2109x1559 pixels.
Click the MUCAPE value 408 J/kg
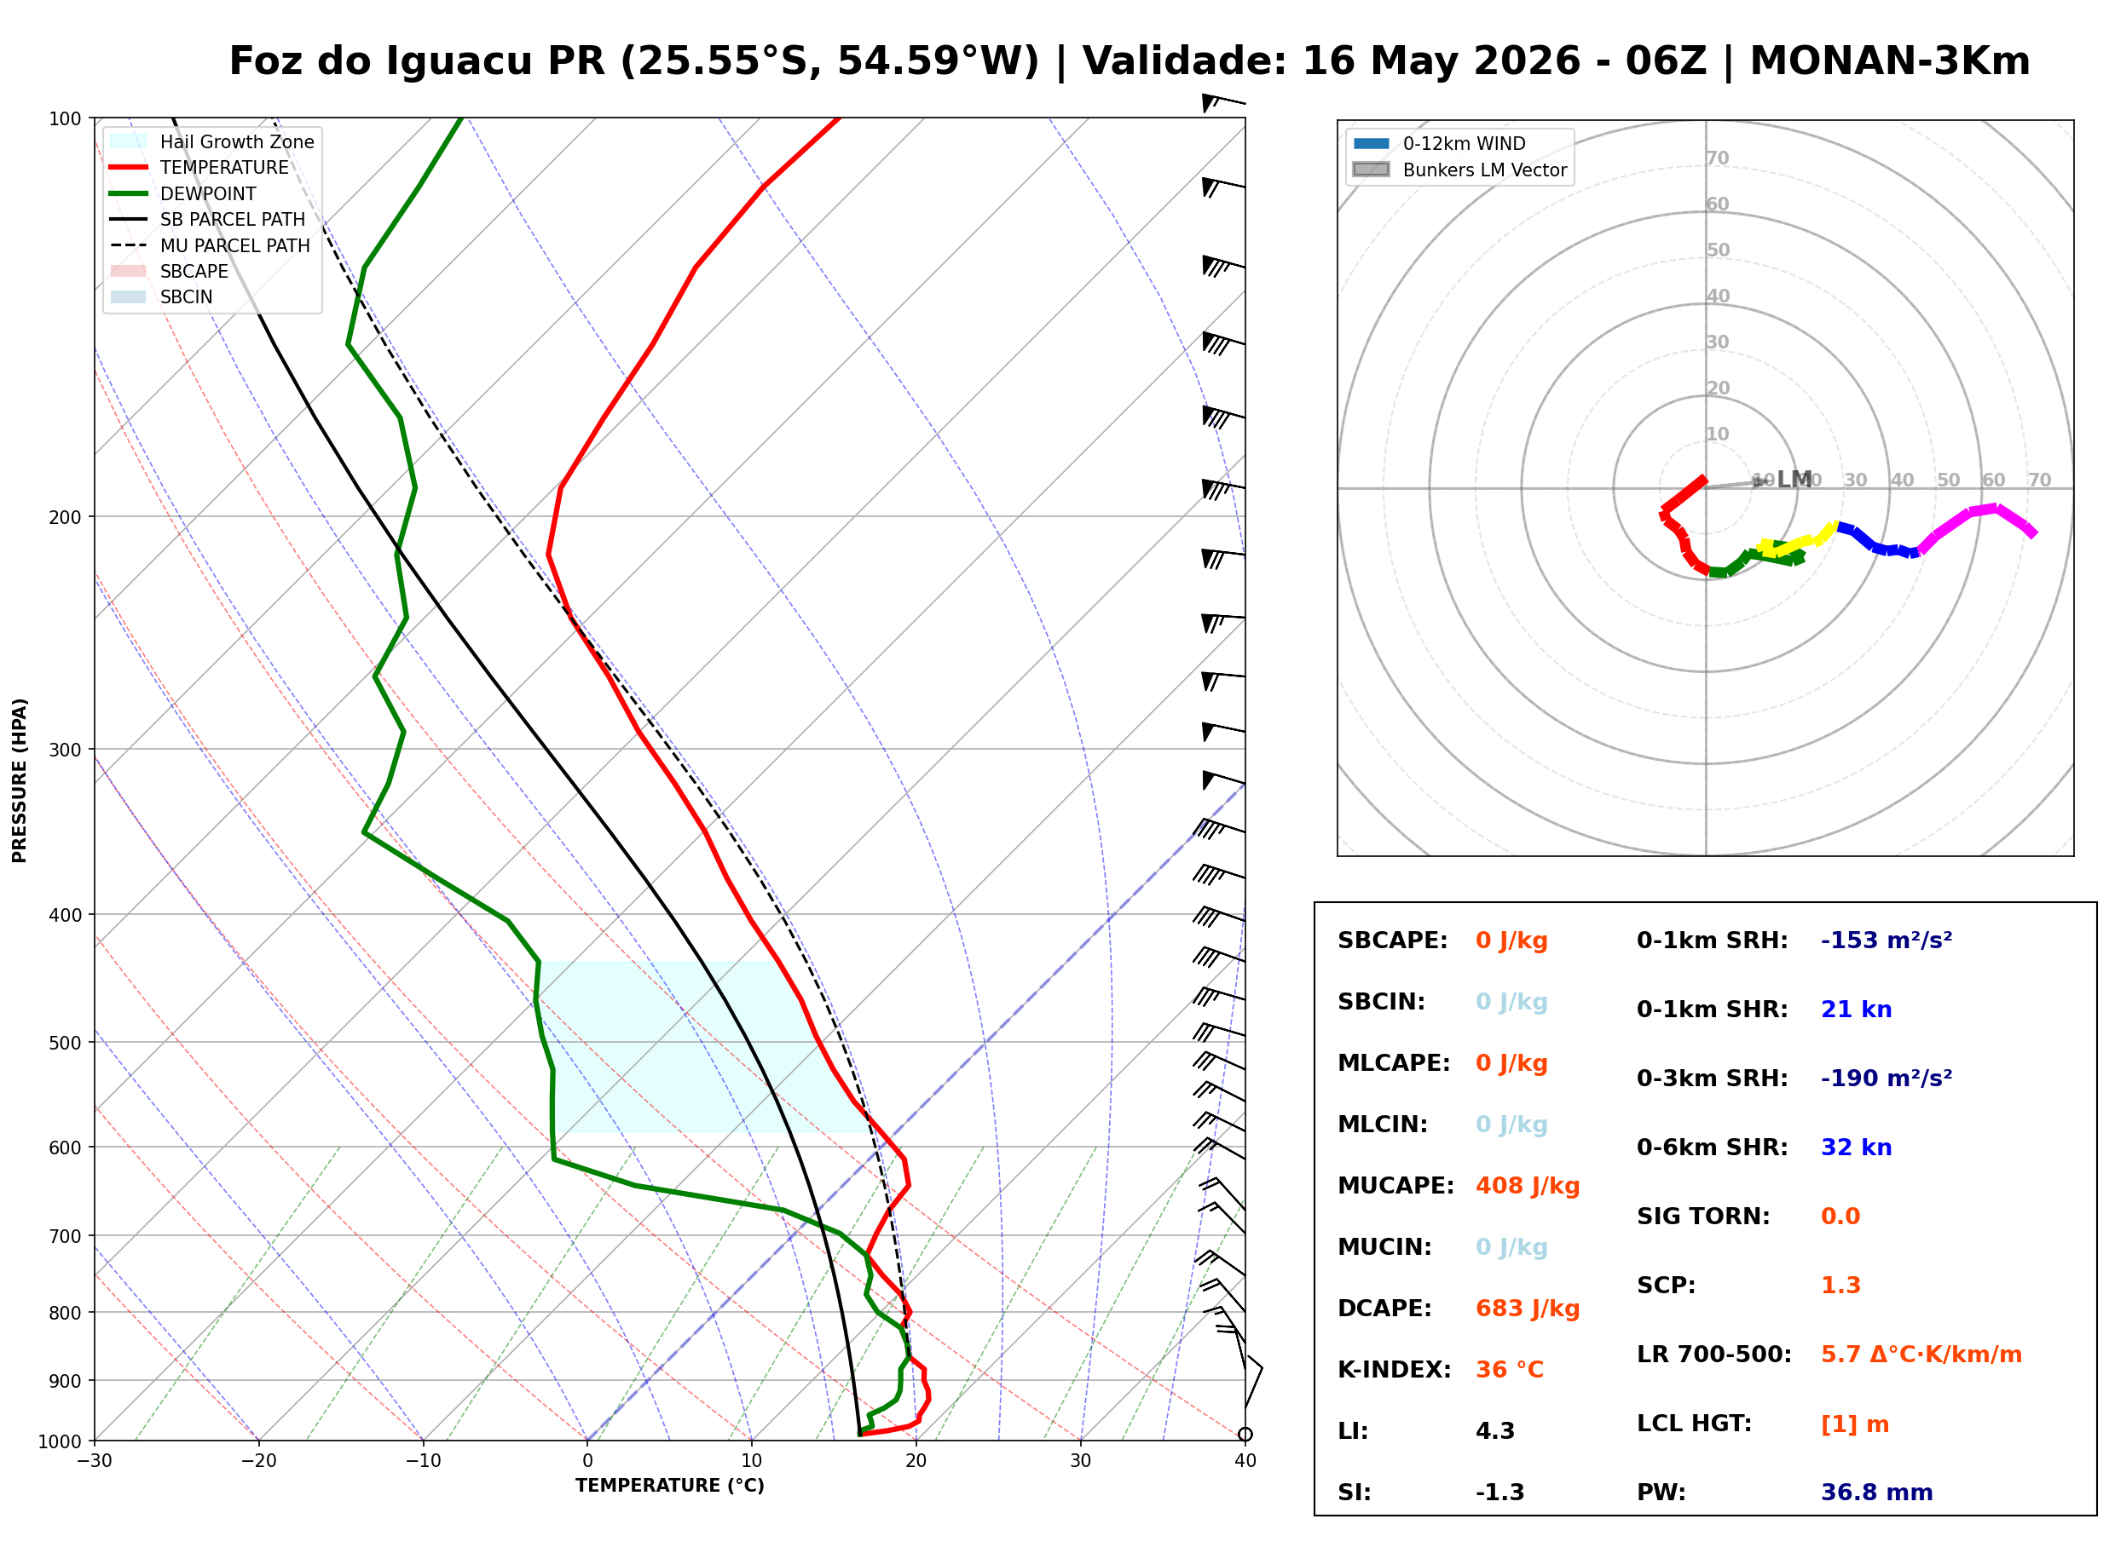pos(1527,1185)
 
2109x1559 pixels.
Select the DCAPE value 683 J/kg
pos(1527,1308)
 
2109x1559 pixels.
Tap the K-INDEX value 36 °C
pos(1509,1369)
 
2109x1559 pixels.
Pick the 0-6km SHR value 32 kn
pos(1856,1147)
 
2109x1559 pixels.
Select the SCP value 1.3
pos(1840,1285)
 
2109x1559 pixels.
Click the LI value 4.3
pos(1494,1430)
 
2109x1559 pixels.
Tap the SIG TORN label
pos(1712,1216)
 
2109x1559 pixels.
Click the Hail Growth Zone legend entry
pos(212,141)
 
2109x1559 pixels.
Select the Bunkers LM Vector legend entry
pos(1459,170)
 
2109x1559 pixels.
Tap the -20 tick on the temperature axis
pos(258,1460)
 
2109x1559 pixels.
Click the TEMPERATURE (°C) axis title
pos(670,1486)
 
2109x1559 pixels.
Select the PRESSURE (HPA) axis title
pos(20,779)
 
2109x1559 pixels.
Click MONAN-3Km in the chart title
pos(1890,61)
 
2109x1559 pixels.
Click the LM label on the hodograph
pos(1794,480)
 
